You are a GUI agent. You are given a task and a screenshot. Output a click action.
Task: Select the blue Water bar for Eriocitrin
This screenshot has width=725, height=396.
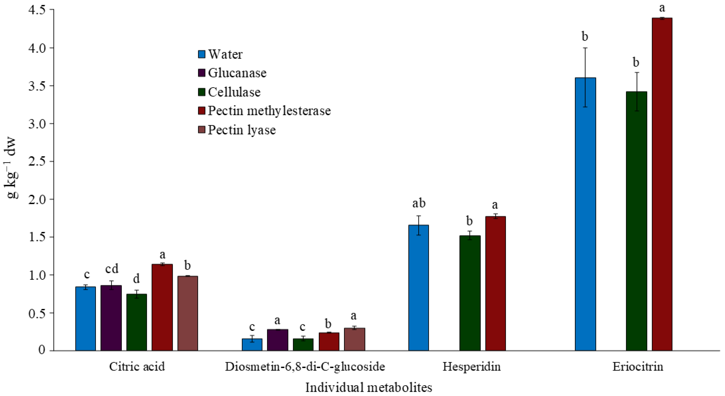(585, 214)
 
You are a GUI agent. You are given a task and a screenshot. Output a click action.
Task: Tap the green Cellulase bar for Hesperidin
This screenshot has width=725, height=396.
(470, 293)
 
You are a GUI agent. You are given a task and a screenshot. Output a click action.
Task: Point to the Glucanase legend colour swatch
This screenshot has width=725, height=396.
(202, 73)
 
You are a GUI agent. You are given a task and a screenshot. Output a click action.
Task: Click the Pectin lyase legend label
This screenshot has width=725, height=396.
(242, 130)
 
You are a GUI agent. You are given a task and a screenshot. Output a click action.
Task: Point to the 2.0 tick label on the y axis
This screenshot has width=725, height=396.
(37, 199)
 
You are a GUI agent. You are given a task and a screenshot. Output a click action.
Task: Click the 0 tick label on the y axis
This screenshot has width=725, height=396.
(42, 350)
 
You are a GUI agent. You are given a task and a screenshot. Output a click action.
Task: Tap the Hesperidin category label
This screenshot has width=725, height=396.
(471, 366)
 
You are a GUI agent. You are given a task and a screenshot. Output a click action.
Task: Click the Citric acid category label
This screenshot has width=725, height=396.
(137, 366)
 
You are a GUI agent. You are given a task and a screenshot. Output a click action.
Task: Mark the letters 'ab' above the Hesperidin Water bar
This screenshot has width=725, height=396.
(419, 203)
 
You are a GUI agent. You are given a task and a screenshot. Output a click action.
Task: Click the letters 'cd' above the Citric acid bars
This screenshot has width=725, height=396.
(112, 269)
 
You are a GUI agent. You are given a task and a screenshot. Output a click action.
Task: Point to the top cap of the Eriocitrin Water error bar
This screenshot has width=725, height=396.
(585, 48)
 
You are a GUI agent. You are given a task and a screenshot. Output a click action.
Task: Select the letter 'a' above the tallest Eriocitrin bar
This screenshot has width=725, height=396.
(662, 8)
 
